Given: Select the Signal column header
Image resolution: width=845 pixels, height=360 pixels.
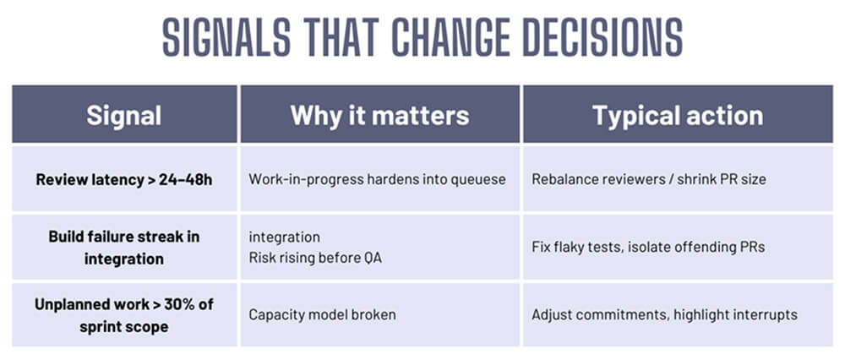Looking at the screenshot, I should coord(124,115).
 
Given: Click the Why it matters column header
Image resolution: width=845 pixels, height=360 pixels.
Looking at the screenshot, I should coord(379,115).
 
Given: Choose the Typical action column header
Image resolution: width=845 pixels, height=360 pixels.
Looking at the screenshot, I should coord(678,115).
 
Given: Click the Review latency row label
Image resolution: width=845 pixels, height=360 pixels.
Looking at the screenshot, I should coord(124,179).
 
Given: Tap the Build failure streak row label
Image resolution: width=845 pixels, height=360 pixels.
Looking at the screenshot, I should coord(124,248).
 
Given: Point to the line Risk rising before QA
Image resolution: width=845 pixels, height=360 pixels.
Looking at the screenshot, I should coord(315,258).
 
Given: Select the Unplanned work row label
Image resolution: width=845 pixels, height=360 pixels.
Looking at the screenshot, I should coord(124,314).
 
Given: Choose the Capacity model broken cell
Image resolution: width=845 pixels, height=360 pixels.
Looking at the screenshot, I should coord(322,314).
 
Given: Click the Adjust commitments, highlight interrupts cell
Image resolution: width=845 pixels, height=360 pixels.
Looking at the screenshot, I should coord(664,314).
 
